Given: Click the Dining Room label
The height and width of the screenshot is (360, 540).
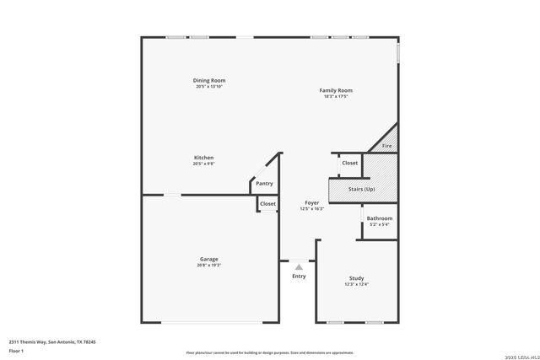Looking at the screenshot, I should click(x=209, y=80).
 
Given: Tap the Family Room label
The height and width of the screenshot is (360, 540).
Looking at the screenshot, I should click(x=335, y=90).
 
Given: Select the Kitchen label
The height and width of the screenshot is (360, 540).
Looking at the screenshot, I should click(x=203, y=158).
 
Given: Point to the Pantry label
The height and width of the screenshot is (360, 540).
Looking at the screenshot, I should click(x=264, y=183).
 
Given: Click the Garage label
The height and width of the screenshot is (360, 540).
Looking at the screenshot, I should click(x=208, y=259).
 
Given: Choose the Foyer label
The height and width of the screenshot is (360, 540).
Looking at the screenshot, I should click(x=312, y=202).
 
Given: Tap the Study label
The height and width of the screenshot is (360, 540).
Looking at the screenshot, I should click(x=357, y=278).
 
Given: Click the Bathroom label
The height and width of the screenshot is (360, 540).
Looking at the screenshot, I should click(x=379, y=218).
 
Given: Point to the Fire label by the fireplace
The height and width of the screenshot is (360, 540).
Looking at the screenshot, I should click(x=387, y=146).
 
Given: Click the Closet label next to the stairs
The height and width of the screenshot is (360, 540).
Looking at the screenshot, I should click(x=349, y=163).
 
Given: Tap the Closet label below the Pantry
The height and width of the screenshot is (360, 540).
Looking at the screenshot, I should click(x=267, y=203).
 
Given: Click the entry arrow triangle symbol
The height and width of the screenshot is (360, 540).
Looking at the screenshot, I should click(x=298, y=266).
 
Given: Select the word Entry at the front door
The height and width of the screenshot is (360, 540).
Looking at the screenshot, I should click(x=299, y=277).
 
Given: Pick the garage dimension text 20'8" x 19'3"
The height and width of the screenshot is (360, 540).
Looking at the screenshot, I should click(x=208, y=265).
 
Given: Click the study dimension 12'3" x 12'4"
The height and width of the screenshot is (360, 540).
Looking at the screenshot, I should click(x=357, y=284).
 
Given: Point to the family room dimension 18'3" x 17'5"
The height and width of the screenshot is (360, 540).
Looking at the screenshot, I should click(x=335, y=96).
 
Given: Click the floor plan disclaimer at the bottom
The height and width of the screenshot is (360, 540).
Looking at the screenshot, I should click(x=270, y=352).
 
